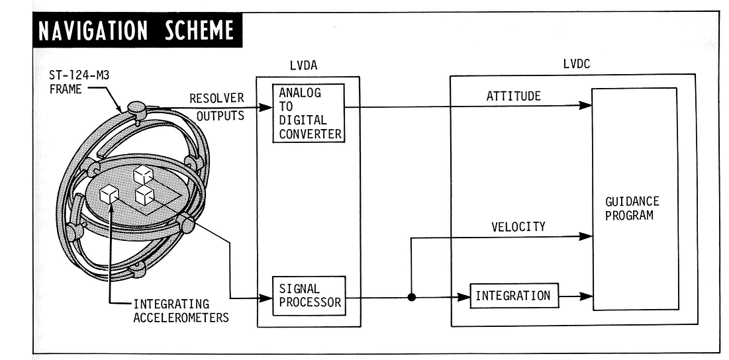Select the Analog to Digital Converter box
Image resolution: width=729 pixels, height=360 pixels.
(310, 112)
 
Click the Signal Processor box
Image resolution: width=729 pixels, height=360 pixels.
(310, 295)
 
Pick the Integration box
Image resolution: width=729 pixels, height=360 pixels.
(513, 296)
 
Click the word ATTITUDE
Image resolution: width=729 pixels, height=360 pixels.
(514, 97)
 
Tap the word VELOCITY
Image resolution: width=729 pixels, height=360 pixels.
(518, 227)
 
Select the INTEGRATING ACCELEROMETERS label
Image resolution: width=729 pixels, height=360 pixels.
(181, 311)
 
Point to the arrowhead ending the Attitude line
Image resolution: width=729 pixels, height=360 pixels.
(585, 105)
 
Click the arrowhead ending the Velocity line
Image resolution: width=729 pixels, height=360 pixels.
(585, 235)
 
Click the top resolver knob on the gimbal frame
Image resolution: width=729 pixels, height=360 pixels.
(136, 107)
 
